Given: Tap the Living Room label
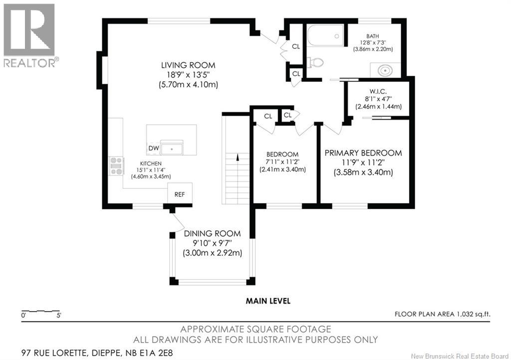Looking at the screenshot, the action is [x=188, y=65].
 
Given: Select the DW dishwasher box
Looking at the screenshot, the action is [x=154, y=149].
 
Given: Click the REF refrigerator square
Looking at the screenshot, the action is [x=180, y=194].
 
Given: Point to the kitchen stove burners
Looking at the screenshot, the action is [x=116, y=166].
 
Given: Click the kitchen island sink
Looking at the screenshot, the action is [x=172, y=148].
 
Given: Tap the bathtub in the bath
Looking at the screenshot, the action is [x=325, y=36].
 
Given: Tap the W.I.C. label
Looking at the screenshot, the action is [x=378, y=91].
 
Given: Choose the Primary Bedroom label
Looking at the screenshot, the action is [x=363, y=153].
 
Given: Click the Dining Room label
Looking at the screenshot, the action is [x=212, y=233].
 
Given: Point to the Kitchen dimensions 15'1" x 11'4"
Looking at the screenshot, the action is [x=151, y=170].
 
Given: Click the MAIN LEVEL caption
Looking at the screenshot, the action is [x=268, y=301].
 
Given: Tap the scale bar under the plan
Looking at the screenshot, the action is [x=41, y=312].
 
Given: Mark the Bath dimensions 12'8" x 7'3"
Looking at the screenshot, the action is [x=373, y=43].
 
